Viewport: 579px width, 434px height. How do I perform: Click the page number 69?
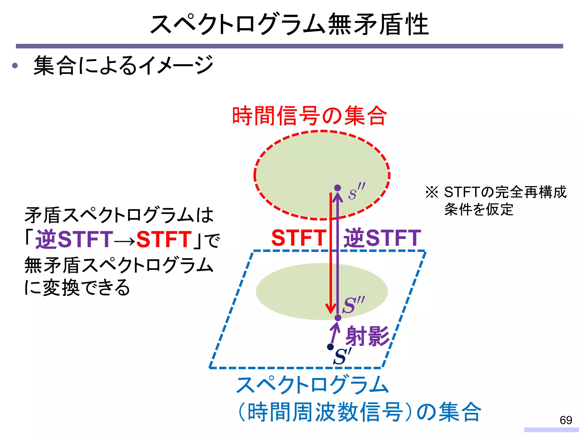[566, 420]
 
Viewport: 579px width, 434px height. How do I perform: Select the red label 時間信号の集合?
[309, 116]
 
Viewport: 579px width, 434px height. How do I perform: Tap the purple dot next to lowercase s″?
[338, 188]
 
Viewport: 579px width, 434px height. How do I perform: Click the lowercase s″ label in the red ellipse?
[356, 192]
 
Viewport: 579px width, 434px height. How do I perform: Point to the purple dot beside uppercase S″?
[338, 318]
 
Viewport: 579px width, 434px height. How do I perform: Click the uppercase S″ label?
[353, 305]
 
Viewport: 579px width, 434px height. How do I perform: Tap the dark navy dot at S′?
[330, 347]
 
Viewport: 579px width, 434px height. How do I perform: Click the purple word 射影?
[368, 336]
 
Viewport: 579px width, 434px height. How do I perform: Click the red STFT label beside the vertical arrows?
[299, 238]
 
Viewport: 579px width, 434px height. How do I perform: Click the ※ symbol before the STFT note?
[432, 192]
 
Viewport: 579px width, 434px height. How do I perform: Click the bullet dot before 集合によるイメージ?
[15, 66]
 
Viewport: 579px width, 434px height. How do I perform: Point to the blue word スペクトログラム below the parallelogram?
[313, 385]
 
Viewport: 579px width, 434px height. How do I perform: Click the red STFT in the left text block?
[164, 239]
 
